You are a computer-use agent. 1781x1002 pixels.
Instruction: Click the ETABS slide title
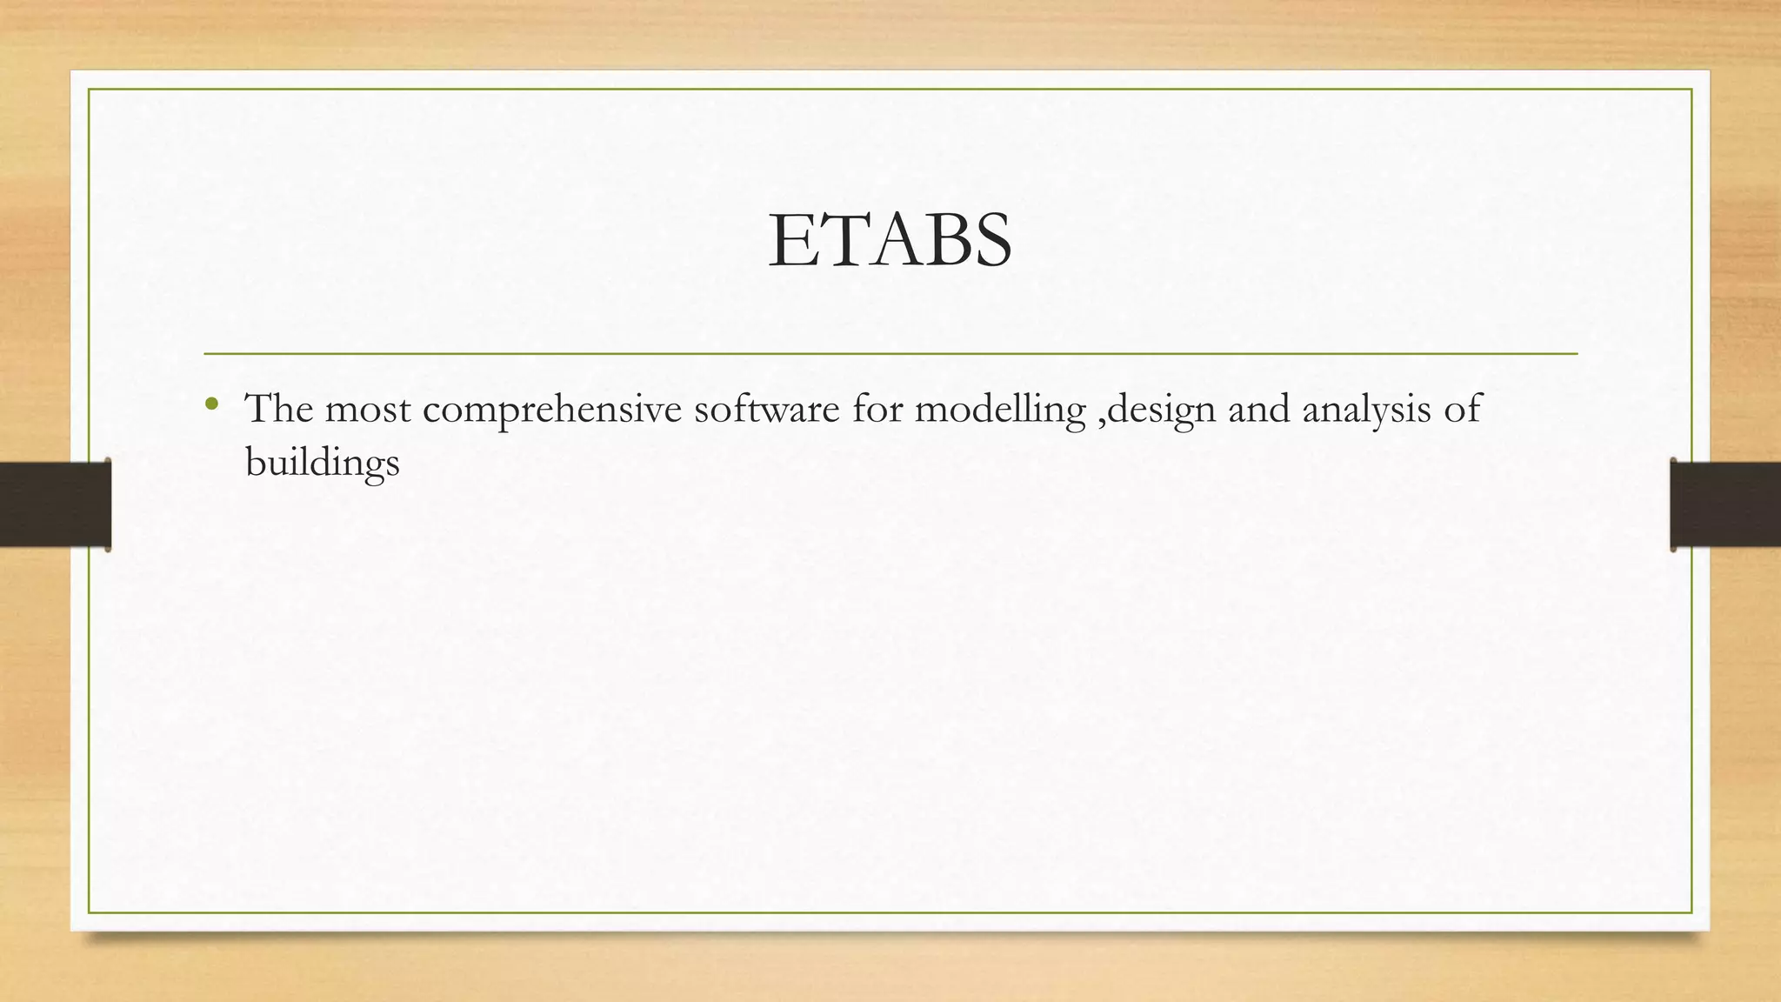click(890, 240)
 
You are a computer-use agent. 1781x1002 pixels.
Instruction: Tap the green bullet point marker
click(210, 404)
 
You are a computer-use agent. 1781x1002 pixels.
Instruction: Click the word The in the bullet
click(278, 408)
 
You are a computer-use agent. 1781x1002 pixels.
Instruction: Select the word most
click(368, 410)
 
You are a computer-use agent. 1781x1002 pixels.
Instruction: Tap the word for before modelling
click(877, 408)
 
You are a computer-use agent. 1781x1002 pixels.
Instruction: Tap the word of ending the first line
click(1462, 408)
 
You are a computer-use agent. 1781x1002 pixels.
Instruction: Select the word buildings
click(322, 462)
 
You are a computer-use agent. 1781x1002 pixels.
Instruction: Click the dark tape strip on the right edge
click(1725, 504)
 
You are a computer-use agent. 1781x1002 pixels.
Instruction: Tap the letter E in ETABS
click(790, 241)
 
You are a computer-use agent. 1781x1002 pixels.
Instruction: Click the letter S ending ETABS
click(991, 241)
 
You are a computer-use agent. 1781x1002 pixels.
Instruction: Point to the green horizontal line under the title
click(890, 354)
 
